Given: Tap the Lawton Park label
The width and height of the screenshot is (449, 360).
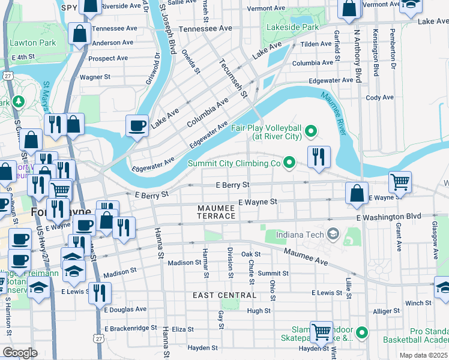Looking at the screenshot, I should click(x=36, y=43).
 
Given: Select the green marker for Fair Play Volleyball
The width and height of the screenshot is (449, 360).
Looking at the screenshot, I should click(x=310, y=130).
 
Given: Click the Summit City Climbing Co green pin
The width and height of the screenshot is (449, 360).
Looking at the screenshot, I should click(x=289, y=162).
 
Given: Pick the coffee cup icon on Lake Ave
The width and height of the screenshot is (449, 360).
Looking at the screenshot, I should click(x=137, y=125).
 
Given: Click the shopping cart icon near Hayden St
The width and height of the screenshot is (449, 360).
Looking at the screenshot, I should click(x=321, y=331).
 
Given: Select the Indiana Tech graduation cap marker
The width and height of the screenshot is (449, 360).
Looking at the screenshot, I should click(x=334, y=233).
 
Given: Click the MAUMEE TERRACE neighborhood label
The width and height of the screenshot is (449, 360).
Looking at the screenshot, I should click(x=217, y=211).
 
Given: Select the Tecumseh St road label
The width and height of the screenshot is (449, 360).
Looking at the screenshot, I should click(x=234, y=77).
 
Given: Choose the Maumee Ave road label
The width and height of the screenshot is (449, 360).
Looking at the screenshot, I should click(x=306, y=257).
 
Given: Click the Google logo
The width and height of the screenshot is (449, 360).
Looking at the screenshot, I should click(x=20, y=352).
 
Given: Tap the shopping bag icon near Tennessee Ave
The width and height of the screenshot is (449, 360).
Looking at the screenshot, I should click(x=79, y=35).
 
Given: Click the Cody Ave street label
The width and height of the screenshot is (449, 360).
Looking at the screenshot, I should click(x=379, y=97).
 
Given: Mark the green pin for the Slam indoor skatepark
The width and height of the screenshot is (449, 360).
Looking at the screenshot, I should click(x=361, y=332).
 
